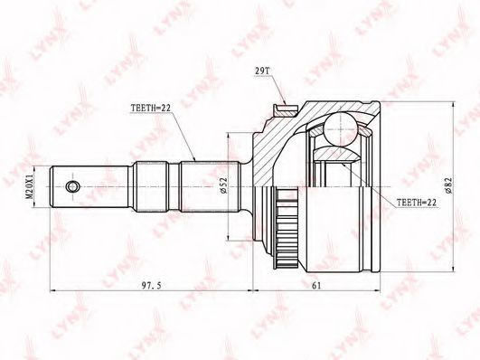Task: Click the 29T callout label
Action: pyautogui.click(x=262, y=71)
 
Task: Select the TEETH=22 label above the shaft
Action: pyautogui.click(x=150, y=109)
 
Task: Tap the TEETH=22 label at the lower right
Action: pyautogui.click(x=417, y=203)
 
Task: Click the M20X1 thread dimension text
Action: pyautogui.click(x=30, y=187)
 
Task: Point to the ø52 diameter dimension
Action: pyautogui.click(x=223, y=185)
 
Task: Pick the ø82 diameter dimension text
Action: pyautogui.click(x=448, y=185)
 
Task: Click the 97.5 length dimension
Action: pyautogui.click(x=151, y=286)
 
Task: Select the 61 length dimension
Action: pyautogui.click(x=316, y=286)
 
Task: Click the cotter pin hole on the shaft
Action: pyautogui.click(x=72, y=186)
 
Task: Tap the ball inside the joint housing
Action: pyautogui.click(x=341, y=128)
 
